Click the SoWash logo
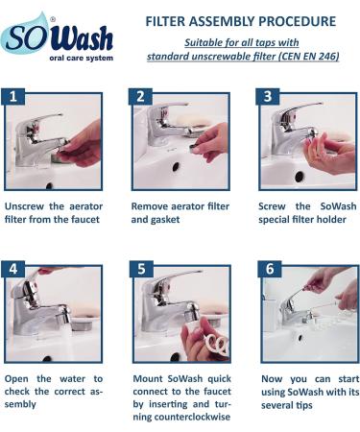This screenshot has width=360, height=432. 57,37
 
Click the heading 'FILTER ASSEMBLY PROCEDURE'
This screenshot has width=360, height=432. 241,21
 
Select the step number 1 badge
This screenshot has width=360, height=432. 12,96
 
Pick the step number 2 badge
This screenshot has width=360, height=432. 140,96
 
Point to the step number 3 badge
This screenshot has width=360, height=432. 268,96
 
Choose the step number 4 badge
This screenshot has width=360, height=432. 13,269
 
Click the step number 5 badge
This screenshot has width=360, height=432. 141,269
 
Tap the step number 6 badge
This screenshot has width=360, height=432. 270,269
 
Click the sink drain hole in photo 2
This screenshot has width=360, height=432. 176,167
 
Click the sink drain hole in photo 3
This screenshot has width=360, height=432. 300,176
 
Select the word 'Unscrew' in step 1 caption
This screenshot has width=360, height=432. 24,206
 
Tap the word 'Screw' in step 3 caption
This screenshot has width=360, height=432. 272,206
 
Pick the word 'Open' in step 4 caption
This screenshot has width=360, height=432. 16,379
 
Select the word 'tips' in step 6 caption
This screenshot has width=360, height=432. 304,405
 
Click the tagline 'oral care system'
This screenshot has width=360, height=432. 82,59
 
